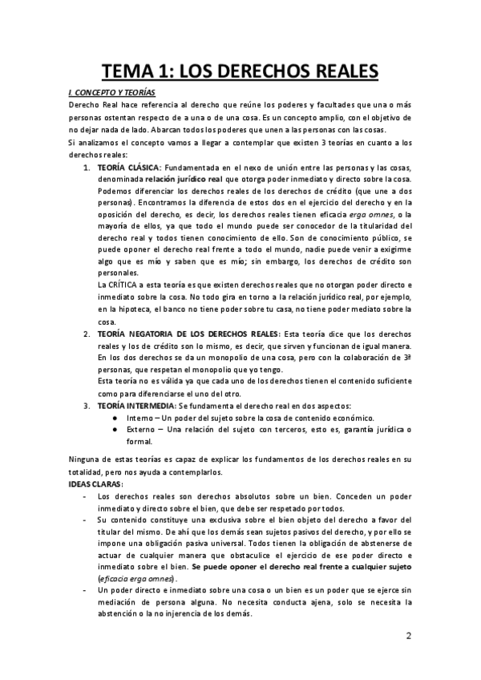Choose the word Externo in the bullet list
coord(142,430)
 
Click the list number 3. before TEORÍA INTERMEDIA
coord(87,405)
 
